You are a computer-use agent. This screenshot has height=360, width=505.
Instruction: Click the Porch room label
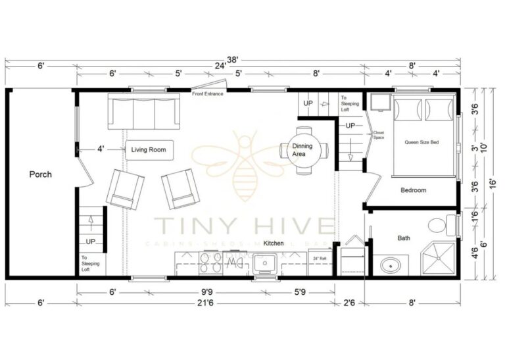[40, 174]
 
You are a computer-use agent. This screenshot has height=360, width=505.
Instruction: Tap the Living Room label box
[149, 150]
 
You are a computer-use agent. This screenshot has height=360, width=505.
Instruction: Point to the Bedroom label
[413, 190]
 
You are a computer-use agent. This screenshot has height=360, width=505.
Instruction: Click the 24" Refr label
[320, 258]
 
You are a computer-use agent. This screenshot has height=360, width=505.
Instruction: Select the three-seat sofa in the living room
[144, 112]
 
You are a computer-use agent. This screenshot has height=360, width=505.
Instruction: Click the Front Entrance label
[208, 94]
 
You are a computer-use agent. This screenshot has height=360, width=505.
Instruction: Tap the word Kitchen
[274, 243]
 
